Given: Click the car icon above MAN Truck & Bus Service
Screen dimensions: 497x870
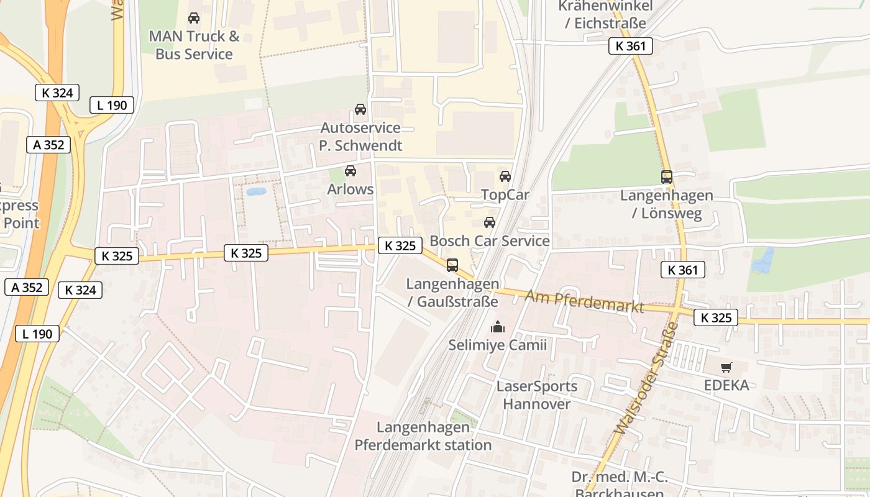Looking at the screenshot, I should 194,18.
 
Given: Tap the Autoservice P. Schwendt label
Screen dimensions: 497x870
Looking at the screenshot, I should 360,137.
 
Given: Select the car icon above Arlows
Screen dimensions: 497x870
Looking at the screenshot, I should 350,171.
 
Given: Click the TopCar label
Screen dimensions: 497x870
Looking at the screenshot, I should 505,195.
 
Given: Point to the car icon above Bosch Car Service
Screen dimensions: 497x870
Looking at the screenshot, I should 490,222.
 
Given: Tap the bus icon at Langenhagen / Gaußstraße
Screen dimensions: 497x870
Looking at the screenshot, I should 452,265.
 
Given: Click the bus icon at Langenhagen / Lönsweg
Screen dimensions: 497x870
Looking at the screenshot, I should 667,177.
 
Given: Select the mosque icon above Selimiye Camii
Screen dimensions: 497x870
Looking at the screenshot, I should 497,327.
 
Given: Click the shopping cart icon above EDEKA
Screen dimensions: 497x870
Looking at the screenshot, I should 726,368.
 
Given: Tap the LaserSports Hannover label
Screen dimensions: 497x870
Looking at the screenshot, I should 537,395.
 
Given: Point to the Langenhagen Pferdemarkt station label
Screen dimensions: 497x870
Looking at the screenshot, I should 423,436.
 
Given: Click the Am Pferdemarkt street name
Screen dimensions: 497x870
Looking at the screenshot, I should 584,301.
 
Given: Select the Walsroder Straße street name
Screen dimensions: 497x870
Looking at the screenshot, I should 646,379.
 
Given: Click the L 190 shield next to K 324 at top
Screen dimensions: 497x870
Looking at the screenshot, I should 112,105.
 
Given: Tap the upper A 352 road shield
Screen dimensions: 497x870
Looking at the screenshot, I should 48,145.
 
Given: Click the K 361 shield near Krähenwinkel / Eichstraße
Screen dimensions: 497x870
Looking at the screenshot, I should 630,46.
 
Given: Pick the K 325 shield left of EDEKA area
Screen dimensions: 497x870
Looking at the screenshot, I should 716,317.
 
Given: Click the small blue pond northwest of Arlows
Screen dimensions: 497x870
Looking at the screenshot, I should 256,192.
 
